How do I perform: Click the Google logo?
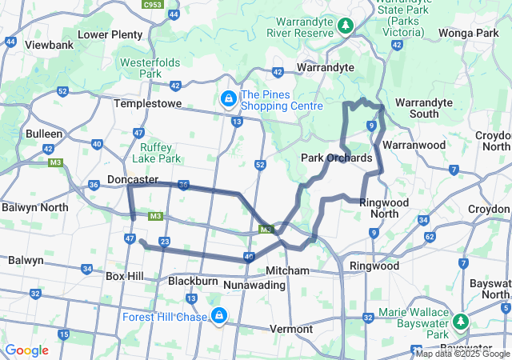click(x=26, y=350)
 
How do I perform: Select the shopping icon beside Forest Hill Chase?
click(x=218, y=316)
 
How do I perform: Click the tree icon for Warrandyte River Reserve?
click(x=346, y=26)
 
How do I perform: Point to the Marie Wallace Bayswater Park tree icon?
click(x=461, y=322)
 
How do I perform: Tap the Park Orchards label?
click(x=336, y=158)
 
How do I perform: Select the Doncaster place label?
click(x=132, y=180)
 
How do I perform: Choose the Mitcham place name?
click(x=287, y=270)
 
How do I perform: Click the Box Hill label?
click(x=124, y=276)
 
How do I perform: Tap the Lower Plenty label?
click(x=110, y=34)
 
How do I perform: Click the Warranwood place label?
click(x=413, y=146)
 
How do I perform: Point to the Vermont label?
click(x=291, y=329)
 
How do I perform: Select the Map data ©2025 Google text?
click(x=462, y=354)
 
